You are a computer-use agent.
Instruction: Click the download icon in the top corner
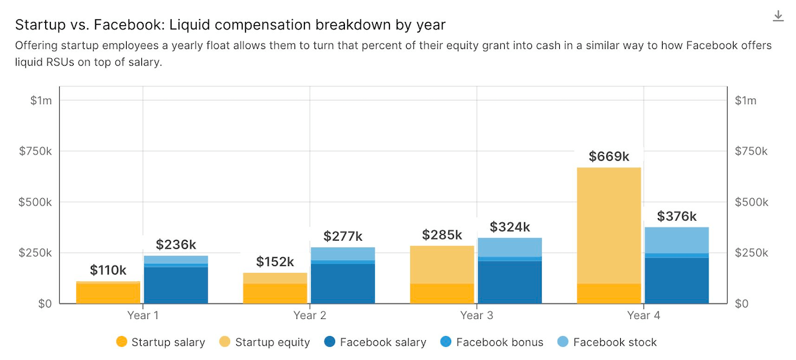click(779, 16)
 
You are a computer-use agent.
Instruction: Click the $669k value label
click(608, 157)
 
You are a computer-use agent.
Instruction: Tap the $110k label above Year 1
click(108, 270)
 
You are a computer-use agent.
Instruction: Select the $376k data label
click(677, 217)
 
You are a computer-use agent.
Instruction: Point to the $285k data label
click(442, 235)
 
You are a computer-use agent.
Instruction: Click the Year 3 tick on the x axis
click(476, 316)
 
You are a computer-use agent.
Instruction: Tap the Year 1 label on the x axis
click(142, 316)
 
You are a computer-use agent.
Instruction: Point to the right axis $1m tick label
click(746, 101)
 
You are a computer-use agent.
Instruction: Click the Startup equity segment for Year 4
click(608, 225)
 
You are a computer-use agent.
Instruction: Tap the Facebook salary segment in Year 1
click(176, 285)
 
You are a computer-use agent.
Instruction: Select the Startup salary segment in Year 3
click(442, 294)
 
